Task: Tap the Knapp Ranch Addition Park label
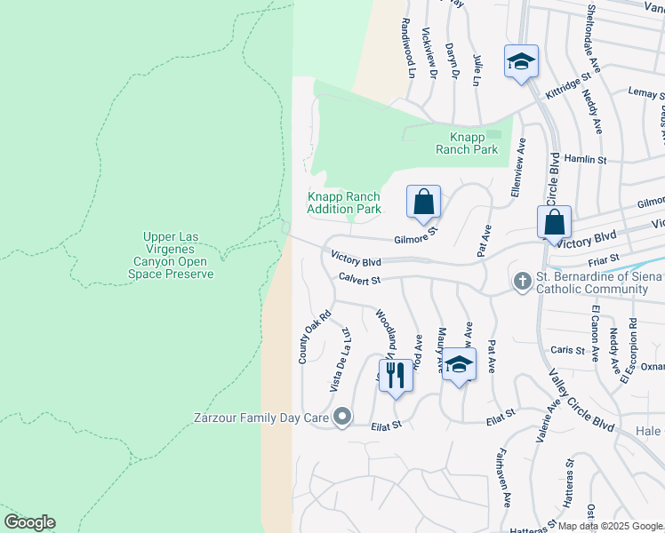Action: (x=344, y=203)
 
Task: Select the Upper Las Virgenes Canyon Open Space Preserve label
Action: (x=179, y=255)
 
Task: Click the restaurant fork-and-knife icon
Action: (x=396, y=374)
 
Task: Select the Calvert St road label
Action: (x=359, y=280)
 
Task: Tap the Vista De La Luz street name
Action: (x=339, y=359)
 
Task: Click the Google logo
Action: (x=29, y=522)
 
